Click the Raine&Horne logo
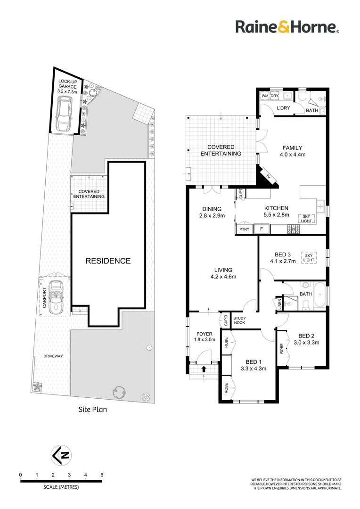[x=287, y=27]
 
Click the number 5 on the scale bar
[x=102, y=475]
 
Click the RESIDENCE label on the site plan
[x=107, y=261]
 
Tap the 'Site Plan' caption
[x=92, y=410]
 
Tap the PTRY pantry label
[x=244, y=230]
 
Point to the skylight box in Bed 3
[x=309, y=257]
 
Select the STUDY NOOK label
[x=239, y=320]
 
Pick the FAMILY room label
[x=292, y=148]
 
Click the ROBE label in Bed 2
[x=282, y=349]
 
